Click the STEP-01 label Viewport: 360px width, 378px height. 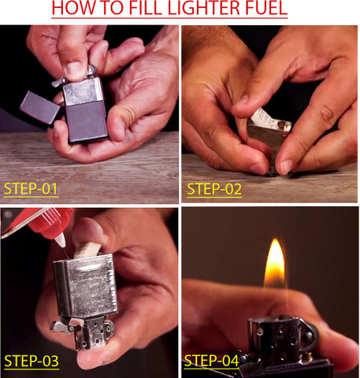pos(31,189)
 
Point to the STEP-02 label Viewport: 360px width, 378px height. pos(213,189)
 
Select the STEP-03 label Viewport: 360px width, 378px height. pos(31,361)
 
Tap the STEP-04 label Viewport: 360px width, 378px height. pos(212,361)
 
